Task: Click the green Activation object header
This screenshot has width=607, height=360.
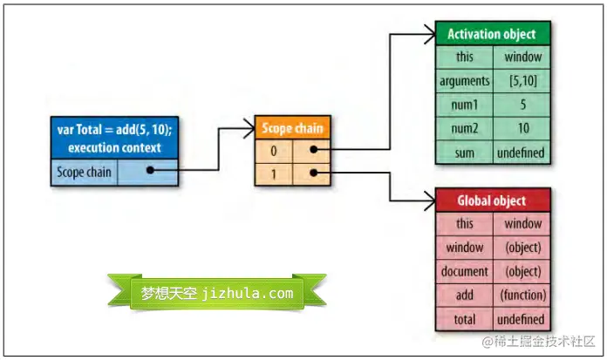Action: click(x=492, y=35)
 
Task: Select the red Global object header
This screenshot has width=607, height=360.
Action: click(x=492, y=200)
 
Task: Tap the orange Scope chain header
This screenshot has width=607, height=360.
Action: click(x=292, y=129)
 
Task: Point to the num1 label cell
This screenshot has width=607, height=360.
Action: click(x=465, y=105)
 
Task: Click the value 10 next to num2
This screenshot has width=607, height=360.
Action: click(x=523, y=129)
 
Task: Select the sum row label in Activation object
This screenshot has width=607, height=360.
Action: click(x=465, y=153)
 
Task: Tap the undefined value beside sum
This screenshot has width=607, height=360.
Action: click(x=523, y=153)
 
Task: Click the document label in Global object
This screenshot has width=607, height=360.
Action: click(x=465, y=271)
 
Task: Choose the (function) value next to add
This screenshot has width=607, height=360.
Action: click(x=523, y=295)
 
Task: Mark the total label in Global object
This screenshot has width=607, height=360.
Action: click(x=465, y=319)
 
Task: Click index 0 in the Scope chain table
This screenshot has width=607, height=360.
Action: click(x=274, y=151)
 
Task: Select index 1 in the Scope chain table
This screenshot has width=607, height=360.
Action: click(x=274, y=173)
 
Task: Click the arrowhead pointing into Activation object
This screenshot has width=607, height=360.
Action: click(x=428, y=36)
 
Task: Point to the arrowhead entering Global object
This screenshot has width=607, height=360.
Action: click(x=428, y=201)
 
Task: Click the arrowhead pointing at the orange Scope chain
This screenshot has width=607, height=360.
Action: click(x=248, y=131)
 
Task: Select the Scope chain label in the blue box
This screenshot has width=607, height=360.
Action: click(x=85, y=173)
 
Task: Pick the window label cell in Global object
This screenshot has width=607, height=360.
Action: click(x=465, y=248)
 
